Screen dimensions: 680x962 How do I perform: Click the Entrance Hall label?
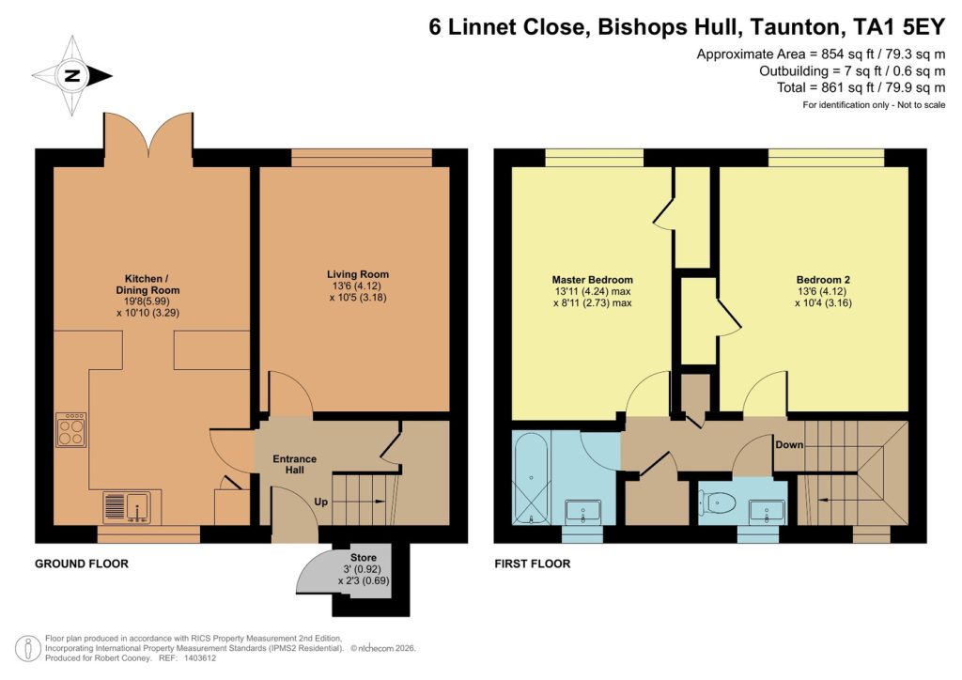(294, 465)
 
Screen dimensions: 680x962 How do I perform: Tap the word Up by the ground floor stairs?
(320, 502)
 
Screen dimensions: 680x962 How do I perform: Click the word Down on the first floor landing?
(789, 444)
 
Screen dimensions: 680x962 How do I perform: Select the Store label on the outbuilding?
(363, 558)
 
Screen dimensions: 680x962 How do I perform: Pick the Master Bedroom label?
(592, 280)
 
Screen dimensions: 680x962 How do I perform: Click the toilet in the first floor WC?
(718, 503)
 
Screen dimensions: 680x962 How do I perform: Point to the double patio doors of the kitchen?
(147, 136)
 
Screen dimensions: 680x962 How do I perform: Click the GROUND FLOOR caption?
(81, 564)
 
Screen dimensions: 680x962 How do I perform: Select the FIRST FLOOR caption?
(533, 564)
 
